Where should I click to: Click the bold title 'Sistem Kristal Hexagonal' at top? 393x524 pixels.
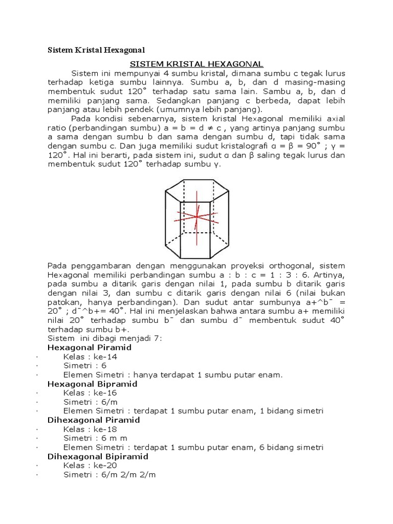96,50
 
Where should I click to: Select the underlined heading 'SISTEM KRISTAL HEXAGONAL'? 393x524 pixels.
196,64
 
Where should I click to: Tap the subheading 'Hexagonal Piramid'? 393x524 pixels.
89,347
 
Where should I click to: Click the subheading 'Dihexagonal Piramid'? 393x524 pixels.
94,420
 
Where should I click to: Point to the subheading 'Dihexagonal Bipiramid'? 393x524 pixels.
98,456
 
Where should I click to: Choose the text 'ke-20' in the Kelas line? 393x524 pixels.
108,465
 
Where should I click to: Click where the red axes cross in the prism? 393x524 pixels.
196,216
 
